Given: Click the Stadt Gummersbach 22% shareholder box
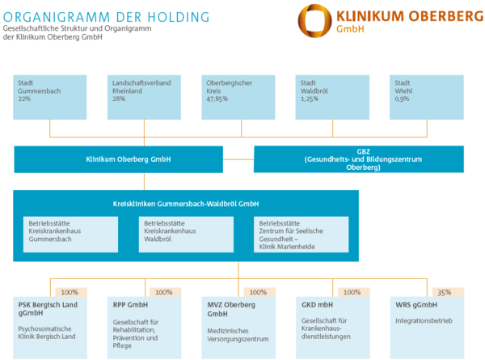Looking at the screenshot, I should click(x=49, y=96).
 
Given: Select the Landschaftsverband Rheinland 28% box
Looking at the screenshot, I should click(x=143, y=96).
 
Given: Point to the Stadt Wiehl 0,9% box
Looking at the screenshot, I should click(x=428, y=96).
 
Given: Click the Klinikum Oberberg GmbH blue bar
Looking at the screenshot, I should click(x=118, y=159).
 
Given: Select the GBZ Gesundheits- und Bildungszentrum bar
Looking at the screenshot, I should click(x=359, y=159).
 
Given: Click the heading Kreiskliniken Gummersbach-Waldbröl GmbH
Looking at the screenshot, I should click(x=186, y=204).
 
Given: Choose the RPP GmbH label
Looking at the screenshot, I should click(x=131, y=304).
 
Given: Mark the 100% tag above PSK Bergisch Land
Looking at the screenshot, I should click(x=70, y=292).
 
